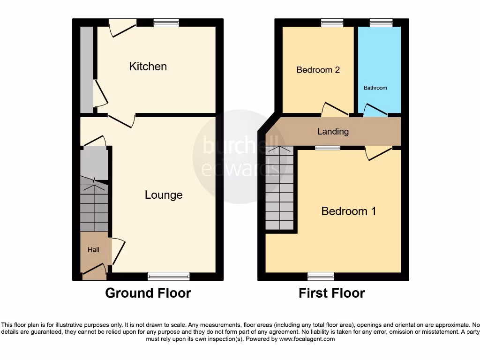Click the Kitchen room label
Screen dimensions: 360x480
pyautogui.click(x=148, y=67)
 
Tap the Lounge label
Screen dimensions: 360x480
pyautogui.click(x=164, y=195)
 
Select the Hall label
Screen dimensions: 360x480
pyautogui.click(x=93, y=250)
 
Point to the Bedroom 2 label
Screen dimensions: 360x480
pyautogui.click(x=318, y=70)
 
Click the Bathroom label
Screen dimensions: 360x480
pyautogui.click(x=375, y=88)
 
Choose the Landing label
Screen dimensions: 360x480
pyautogui.click(x=333, y=131)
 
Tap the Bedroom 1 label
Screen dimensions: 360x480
pyautogui.click(x=349, y=211)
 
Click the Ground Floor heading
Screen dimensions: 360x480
pyautogui.click(x=148, y=293)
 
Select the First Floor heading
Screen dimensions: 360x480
pyautogui.click(x=332, y=293)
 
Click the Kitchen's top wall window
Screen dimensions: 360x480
pyautogui.click(x=166, y=22)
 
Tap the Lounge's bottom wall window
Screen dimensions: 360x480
pyautogui.click(x=169, y=276)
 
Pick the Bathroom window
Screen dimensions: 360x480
pyautogui.click(x=381, y=22)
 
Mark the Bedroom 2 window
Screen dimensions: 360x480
pyautogui.click(x=332, y=22)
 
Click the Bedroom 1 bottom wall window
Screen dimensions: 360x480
pyautogui.click(x=321, y=276)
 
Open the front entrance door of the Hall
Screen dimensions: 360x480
pyautogui.click(x=94, y=270)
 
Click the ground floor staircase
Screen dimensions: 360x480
pyautogui.click(x=94, y=206)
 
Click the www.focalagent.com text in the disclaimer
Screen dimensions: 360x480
pyautogui.click(x=308, y=339)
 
